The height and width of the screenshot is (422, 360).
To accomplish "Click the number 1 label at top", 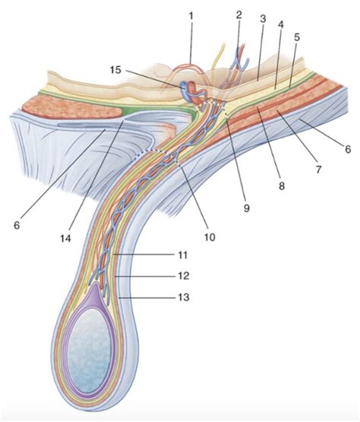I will click(192, 14).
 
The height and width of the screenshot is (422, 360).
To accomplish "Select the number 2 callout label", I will click(238, 14).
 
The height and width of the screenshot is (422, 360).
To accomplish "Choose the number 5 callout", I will click(297, 36).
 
